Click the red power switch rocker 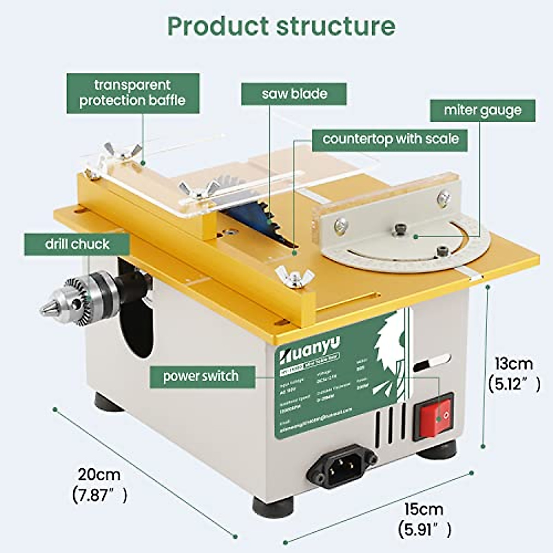(x=434, y=416)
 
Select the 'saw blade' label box (x=294, y=94)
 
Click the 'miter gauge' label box (x=482, y=111)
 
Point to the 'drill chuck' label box (x=77, y=244)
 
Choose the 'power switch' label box (x=201, y=377)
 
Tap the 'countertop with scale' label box (x=390, y=139)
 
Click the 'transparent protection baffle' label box (x=133, y=93)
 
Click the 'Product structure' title (x=281, y=26)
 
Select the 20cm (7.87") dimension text (x=100, y=484)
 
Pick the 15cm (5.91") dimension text (x=424, y=519)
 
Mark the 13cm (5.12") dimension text (x=514, y=374)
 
